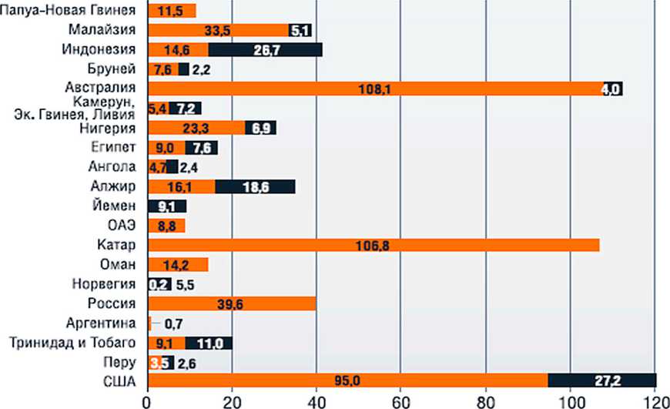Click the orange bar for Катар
[373, 245]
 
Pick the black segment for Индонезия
[265, 50]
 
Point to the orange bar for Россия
[231, 303]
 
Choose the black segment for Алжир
[255, 186]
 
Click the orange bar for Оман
[177, 265]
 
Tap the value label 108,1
[375, 89]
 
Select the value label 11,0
[208, 343]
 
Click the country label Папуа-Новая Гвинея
[69, 11]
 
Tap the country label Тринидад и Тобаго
[73, 343]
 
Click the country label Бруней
[117, 69]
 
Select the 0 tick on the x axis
[147, 401]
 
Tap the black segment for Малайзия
[300, 31]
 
